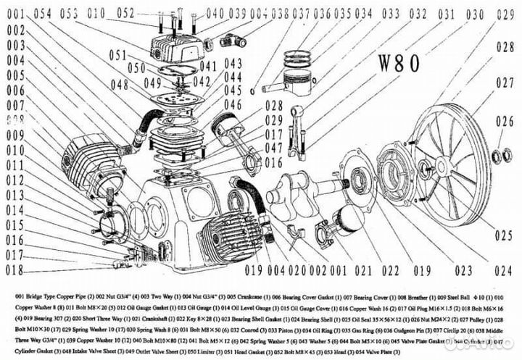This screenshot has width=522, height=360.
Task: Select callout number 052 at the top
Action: [x=125, y=13]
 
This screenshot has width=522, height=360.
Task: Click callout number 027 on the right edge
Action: [x=505, y=82]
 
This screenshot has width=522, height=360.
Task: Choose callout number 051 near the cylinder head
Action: [x=118, y=54]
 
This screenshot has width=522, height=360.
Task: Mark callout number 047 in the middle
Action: [x=253, y=148]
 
